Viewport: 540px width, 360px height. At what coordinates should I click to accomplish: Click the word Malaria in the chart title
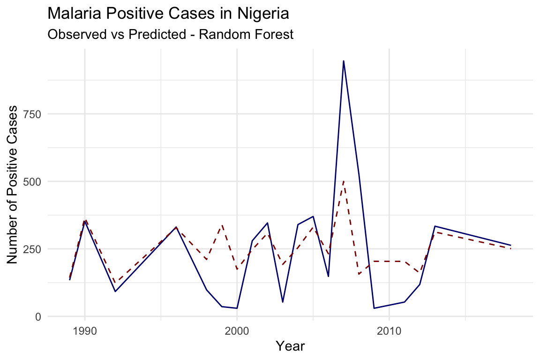pyautogui.click(x=73, y=14)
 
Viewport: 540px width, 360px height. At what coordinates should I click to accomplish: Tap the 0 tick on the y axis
pyautogui.click(x=39, y=316)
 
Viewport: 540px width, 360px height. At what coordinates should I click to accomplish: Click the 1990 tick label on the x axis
pyautogui.click(x=84, y=330)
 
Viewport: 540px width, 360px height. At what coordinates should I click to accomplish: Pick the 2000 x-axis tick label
pyautogui.click(x=237, y=330)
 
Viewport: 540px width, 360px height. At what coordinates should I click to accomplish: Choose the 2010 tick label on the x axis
pyautogui.click(x=389, y=330)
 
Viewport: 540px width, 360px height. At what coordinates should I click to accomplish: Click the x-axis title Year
pyautogui.click(x=291, y=347)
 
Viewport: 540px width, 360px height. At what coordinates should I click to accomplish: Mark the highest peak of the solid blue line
pyautogui.click(x=344, y=61)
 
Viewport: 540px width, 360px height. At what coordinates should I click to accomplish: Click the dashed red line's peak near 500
pyautogui.click(x=344, y=181)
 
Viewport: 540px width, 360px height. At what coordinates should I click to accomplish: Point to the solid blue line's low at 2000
pyautogui.click(x=237, y=308)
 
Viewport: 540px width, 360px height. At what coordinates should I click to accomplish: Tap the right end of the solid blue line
pyautogui.click(x=510, y=245)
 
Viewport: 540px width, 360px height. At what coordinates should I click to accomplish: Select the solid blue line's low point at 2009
pyautogui.click(x=374, y=308)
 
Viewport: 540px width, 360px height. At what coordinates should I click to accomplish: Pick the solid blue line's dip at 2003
pyautogui.click(x=283, y=302)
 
